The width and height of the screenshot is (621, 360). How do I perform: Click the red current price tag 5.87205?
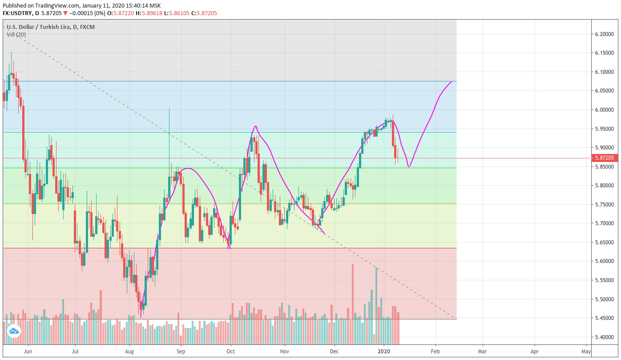tap(605, 158)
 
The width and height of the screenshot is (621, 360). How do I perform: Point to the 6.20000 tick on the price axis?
tap(604, 34)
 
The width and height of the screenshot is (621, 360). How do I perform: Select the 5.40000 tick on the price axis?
tap(604, 337)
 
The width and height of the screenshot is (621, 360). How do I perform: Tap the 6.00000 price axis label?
tap(604, 110)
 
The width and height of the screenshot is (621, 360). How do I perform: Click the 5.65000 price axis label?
tap(604, 243)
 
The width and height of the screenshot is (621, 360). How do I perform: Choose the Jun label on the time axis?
tap(28, 352)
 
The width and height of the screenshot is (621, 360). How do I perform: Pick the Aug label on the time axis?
tap(129, 352)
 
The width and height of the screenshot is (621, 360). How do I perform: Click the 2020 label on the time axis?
tap(384, 352)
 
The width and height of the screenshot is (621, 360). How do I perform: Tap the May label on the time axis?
tap(586, 352)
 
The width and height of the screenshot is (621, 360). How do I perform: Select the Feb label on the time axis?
tap(435, 352)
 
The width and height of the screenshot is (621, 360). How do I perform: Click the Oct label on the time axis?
tap(231, 352)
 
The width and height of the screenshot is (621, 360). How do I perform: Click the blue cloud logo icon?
tap(13, 331)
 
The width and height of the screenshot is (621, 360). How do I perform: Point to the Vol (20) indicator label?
tap(16, 35)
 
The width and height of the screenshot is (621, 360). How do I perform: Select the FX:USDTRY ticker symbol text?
tap(17, 13)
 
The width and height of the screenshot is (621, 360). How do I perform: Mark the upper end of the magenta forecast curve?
tap(452, 81)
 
